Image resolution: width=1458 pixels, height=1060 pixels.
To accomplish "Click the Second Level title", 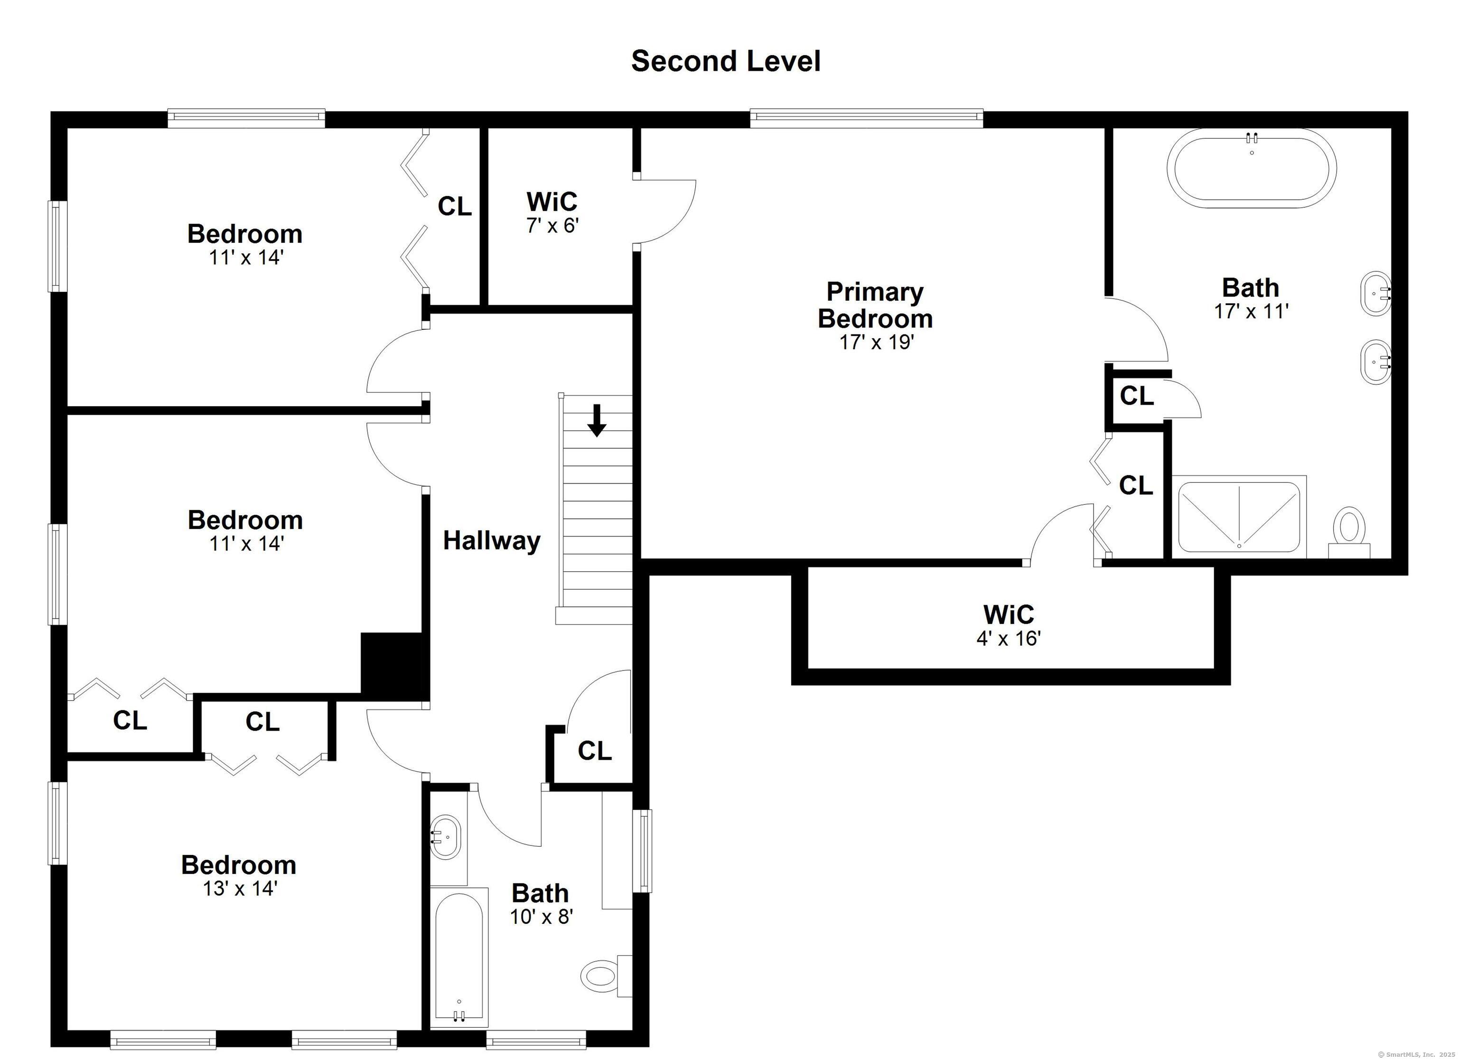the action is pos(726,62).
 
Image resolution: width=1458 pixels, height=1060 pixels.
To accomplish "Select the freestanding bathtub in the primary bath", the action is pos(1252,168).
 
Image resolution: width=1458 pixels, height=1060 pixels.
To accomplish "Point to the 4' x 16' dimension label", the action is pos(1009,638).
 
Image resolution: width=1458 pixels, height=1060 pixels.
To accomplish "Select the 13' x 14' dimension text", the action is pos(240,888).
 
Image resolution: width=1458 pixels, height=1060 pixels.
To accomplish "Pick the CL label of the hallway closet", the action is pos(595,750).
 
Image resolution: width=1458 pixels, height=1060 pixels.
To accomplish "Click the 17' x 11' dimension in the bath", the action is pos(1251,311).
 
